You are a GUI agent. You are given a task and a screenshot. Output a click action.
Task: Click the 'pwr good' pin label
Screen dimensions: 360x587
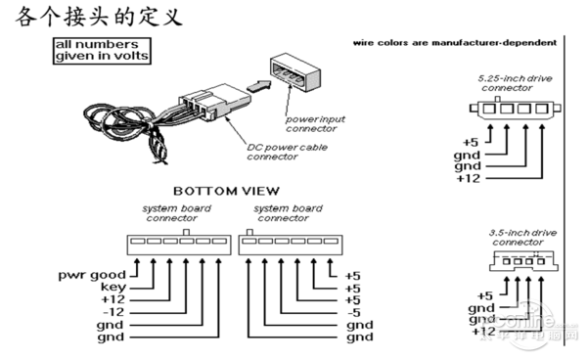[91, 276]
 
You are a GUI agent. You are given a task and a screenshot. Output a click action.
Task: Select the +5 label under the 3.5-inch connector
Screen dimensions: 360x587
[482, 295]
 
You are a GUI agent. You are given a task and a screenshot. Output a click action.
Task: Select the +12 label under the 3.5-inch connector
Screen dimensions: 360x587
[482, 331]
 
